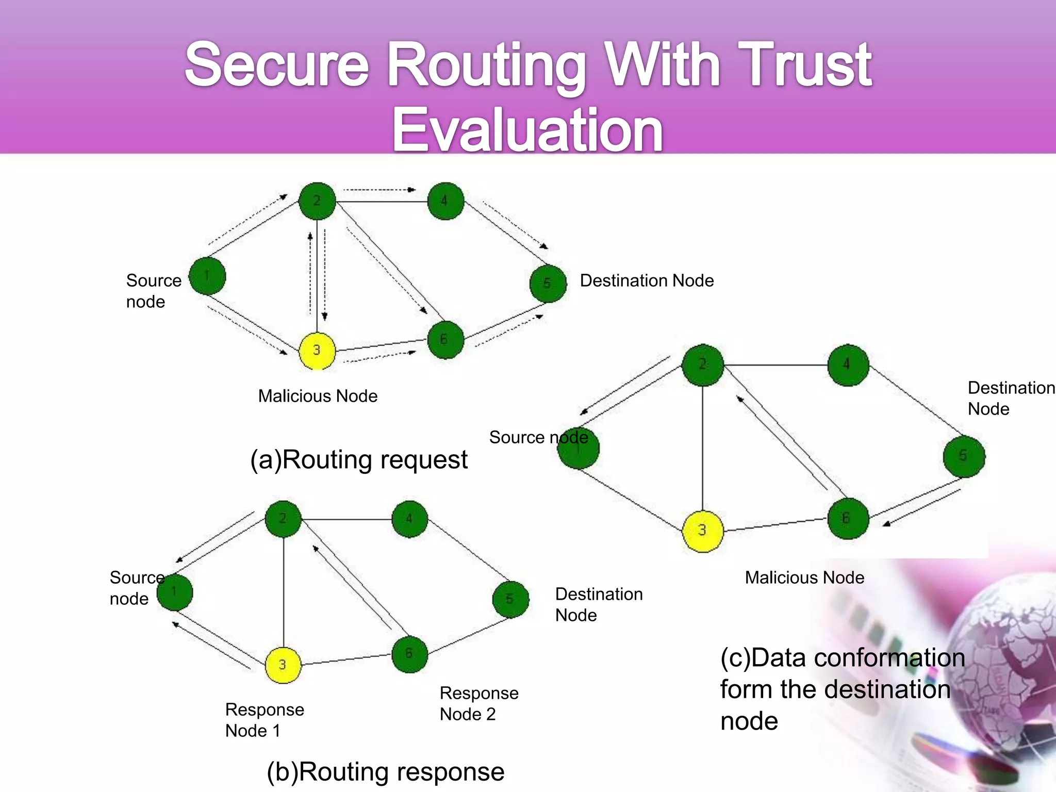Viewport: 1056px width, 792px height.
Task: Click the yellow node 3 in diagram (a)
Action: pyautogui.click(x=317, y=351)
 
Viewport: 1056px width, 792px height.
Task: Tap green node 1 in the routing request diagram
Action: pyautogui.click(x=207, y=276)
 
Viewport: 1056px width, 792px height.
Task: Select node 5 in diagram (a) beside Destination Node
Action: pyautogui.click(x=548, y=284)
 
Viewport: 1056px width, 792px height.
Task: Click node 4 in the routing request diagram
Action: pyautogui.click(x=445, y=201)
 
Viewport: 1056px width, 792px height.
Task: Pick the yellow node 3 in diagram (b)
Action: pyautogui.click(x=283, y=665)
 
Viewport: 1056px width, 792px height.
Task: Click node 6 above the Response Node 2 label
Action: pyautogui.click(x=409, y=654)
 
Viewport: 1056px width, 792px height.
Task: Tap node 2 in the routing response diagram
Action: pyautogui.click(x=283, y=519)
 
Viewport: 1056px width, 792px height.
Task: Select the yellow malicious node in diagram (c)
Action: pyautogui.click(x=702, y=531)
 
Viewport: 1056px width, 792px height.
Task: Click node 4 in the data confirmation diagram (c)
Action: pyautogui.click(x=848, y=365)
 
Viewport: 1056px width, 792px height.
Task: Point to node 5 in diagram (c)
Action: pyautogui.click(x=964, y=456)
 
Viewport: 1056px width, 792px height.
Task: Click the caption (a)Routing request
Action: pyautogui.click(x=359, y=459)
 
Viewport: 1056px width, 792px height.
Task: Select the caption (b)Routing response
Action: pyautogui.click(x=385, y=772)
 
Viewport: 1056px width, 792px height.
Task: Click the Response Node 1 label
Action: pyautogui.click(x=265, y=720)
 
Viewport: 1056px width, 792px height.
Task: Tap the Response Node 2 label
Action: pyautogui.click(x=479, y=703)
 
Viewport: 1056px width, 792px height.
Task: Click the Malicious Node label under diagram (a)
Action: pyautogui.click(x=318, y=396)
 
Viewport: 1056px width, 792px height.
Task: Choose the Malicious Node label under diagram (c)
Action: pyautogui.click(x=804, y=577)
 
